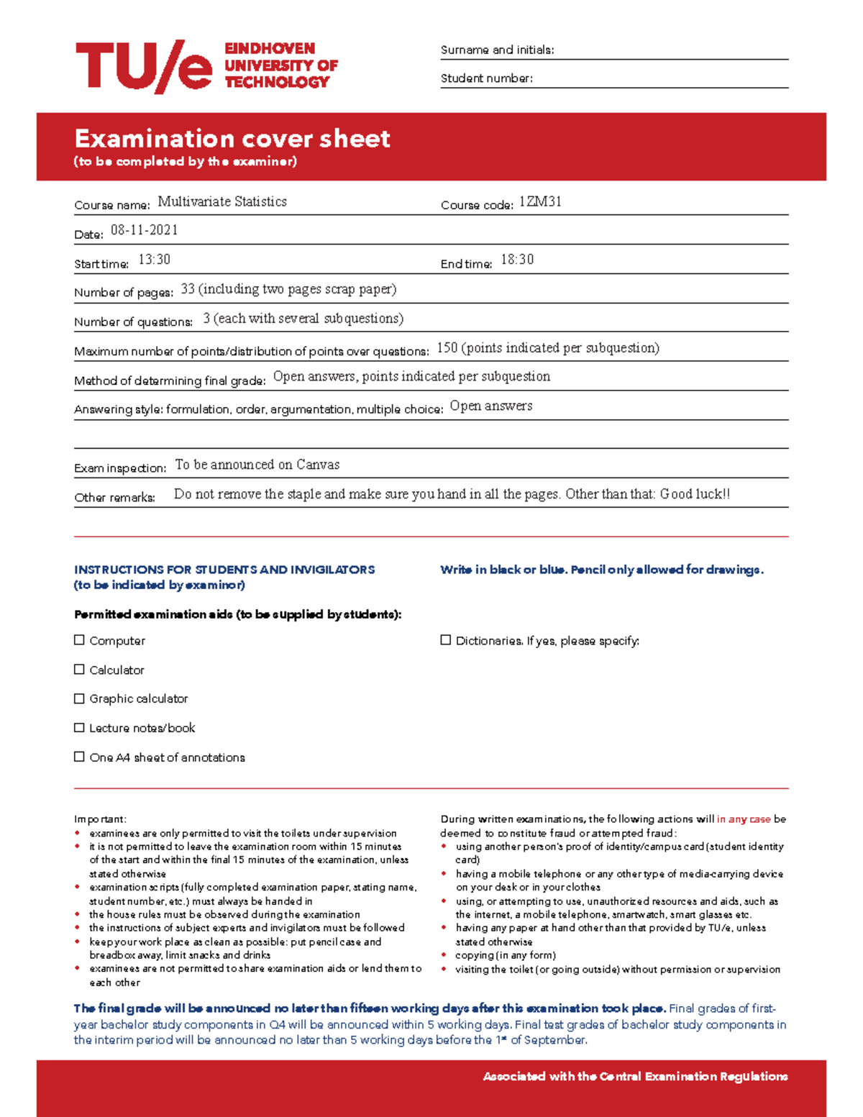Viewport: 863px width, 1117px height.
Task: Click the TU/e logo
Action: click(x=144, y=66)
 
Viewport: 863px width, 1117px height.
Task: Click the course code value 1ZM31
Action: click(x=540, y=202)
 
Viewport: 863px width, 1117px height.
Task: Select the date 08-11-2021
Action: click(x=144, y=230)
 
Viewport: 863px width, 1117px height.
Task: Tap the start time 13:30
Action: click(x=154, y=260)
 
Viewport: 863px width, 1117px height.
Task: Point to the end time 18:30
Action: click(x=517, y=260)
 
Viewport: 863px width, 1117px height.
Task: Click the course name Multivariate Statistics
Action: click(x=222, y=202)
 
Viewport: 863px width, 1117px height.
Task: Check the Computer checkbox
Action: click(x=80, y=640)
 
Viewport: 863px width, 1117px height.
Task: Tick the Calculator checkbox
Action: click(x=80, y=670)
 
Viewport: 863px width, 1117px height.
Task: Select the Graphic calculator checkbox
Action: click(x=80, y=698)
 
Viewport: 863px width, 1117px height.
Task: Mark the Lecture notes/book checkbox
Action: click(x=80, y=728)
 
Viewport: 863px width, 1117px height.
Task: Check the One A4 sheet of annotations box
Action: click(x=80, y=757)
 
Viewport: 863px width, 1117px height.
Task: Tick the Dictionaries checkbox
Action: click(x=446, y=640)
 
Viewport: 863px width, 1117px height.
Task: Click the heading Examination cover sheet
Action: click(x=232, y=139)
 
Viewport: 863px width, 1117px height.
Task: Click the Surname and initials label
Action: click(x=497, y=50)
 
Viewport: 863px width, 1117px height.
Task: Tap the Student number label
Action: click(x=486, y=78)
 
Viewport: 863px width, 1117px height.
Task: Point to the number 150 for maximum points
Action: click(x=447, y=348)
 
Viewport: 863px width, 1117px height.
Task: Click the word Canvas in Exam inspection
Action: click(x=318, y=465)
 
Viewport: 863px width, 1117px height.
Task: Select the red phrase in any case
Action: click(x=743, y=819)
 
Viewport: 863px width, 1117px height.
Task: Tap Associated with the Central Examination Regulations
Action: click(x=635, y=1077)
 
